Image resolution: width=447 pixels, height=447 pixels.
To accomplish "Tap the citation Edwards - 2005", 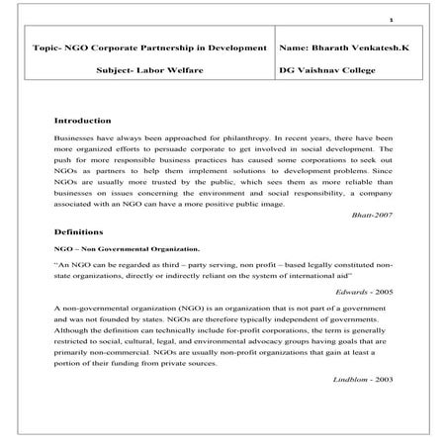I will [364, 294].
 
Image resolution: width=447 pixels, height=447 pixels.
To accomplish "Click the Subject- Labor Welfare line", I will [150, 72].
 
